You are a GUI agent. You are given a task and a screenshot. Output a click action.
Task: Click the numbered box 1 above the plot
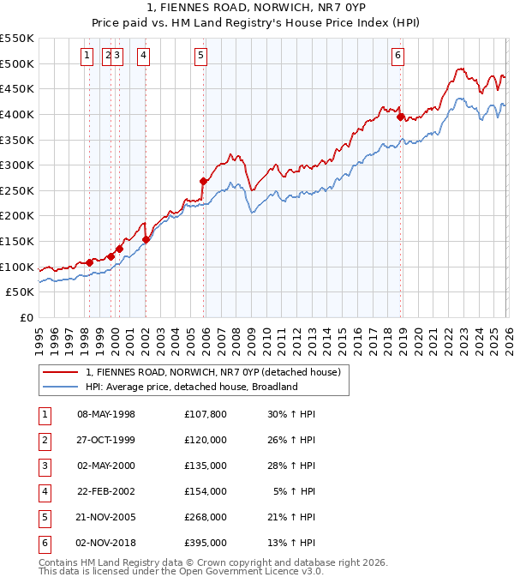87,57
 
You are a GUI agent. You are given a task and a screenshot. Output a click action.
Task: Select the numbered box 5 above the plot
200,57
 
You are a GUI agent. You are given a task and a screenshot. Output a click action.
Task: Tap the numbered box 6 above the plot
398,57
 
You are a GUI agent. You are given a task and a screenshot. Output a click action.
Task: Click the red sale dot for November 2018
401,117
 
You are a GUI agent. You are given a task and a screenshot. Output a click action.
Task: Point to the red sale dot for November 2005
204,181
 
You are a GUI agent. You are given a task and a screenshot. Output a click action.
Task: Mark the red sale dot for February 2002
146,239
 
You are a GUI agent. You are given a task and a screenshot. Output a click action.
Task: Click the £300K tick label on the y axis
16,165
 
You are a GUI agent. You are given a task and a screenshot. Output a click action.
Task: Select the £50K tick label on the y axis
20,292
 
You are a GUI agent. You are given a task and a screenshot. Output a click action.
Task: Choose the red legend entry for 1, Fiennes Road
213,372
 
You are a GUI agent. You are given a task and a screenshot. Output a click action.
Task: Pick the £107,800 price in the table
205,414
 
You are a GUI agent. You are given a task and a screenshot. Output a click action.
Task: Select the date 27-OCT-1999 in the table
106,440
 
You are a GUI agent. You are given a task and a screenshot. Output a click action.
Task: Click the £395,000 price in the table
205,543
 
